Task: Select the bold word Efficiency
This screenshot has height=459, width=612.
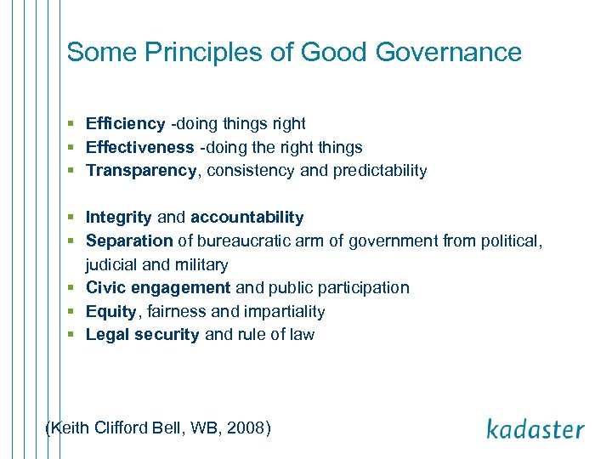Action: (x=125, y=124)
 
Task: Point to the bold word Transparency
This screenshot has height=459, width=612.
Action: (x=141, y=171)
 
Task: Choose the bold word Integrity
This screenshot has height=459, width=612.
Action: (x=119, y=218)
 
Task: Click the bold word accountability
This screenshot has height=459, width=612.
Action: (x=246, y=218)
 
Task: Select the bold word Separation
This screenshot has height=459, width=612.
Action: (x=130, y=241)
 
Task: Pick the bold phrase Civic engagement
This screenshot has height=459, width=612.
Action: (x=158, y=288)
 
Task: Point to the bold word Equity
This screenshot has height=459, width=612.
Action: (x=110, y=312)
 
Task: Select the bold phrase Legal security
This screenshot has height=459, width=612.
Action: (x=143, y=335)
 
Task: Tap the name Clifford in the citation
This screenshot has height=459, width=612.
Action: (x=121, y=428)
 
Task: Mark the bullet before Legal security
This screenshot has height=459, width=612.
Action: (x=75, y=335)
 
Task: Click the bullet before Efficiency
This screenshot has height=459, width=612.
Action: (x=75, y=124)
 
